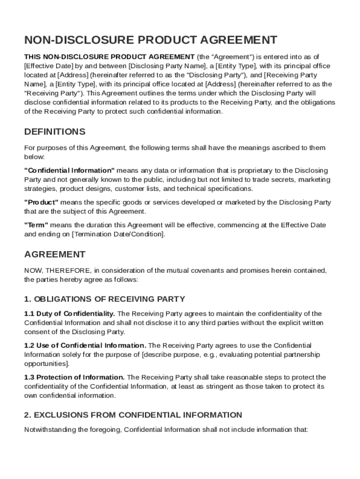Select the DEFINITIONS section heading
tap(55, 131)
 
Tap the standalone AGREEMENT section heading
tap(55, 254)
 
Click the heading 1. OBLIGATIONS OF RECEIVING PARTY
tap(105, 299)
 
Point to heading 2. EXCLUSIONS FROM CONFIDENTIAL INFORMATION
tap(133, 415)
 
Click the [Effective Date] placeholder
tap(46, 66)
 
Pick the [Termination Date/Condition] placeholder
tap(118, 234)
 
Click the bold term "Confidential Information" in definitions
tap(69, 170)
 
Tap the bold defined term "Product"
tap(41, 203)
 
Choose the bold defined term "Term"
tap(36, 225)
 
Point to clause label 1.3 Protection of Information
tap(74, 377)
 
